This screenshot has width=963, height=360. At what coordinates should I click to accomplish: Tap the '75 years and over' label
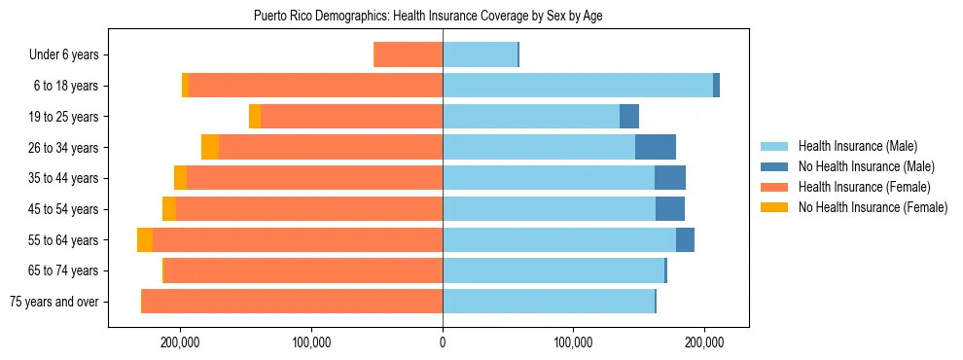[x=53, y=302]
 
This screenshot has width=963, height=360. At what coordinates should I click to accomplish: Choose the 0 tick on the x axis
[x=443, y=342]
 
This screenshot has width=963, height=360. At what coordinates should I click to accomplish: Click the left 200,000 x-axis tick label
[x=181, y=342]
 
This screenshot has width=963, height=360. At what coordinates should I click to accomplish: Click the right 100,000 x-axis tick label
[x=573, y=342]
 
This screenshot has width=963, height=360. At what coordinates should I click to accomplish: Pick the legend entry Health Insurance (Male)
[x=857, y=146]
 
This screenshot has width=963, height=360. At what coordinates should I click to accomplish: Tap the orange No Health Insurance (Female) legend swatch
[x=775, y=207]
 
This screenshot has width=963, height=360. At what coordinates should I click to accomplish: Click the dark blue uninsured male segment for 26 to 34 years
[x=655, y=147]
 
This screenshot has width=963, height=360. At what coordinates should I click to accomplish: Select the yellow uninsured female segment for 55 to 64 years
[x=145, y=240]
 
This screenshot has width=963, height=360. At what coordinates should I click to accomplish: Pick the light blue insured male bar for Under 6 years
[x=480, y=55]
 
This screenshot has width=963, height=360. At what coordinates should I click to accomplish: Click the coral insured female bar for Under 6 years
[x=409, y=55]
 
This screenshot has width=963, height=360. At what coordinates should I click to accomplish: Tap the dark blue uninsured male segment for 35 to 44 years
[x=670, y=178]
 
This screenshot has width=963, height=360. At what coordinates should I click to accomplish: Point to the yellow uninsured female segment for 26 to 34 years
[x=210, y=147]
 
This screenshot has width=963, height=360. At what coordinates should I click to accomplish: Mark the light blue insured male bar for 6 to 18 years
[x=578, y=86]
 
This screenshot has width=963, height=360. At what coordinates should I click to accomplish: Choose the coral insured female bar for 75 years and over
[x=292, y=302]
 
